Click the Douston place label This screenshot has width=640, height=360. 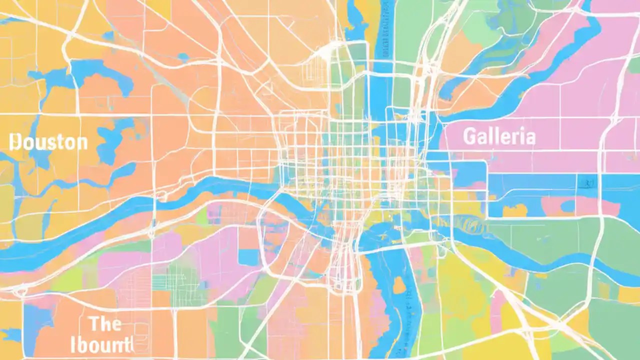(x=49, y=142)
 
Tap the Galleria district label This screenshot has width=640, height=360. (x=499, y=136)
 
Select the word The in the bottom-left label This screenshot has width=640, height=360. (x=105, y=323)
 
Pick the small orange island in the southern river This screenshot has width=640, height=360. (x=398, y=285)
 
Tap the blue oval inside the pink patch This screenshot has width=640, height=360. (x=567, y=205)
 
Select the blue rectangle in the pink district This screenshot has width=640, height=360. (x=248, y=256)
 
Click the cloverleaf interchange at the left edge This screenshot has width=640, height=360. (x=20, y=290)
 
